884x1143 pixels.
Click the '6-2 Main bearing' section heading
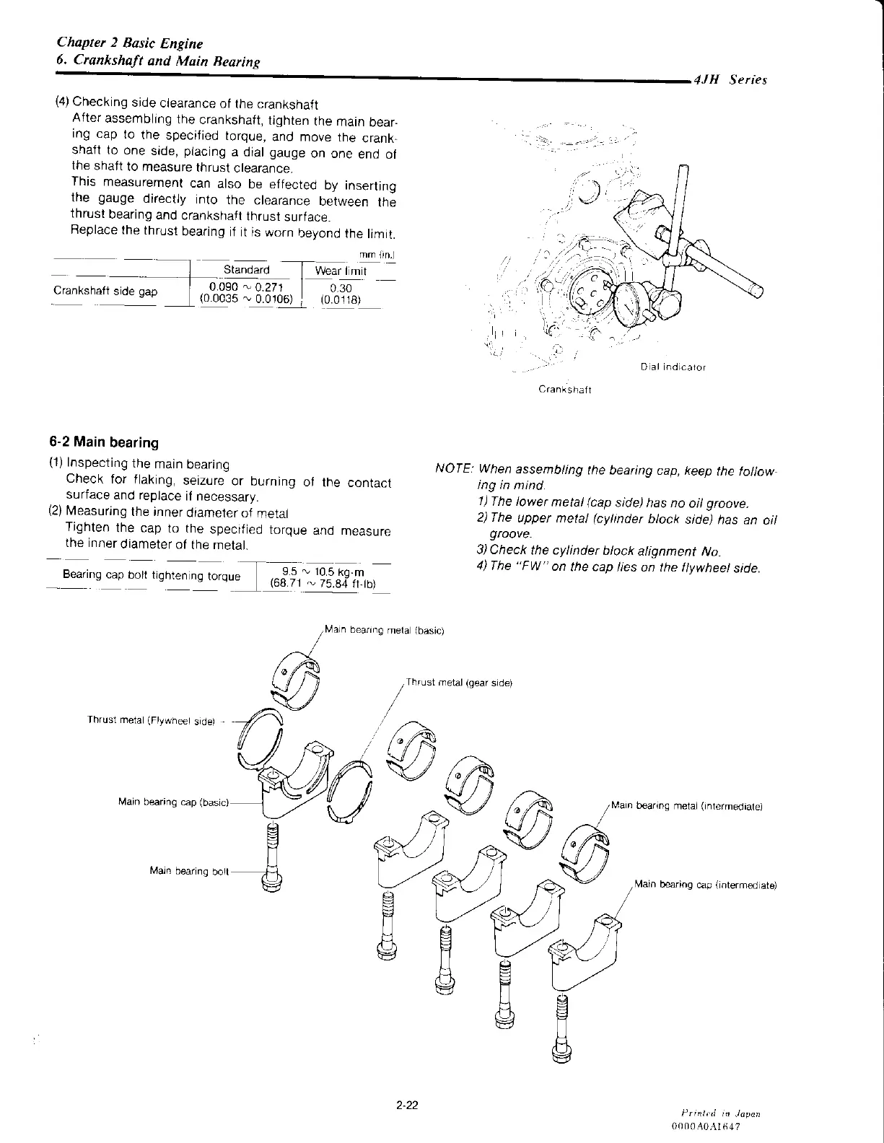click(x=104, y=442)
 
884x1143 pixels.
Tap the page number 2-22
click(x=408, y=1104)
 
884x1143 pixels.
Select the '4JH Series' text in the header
click(x=729, y=80)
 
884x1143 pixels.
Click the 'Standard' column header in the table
click(x=246, y=270)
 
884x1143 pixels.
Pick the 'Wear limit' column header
click(x=341, y=271)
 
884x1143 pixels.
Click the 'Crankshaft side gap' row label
click(x=105, y=292)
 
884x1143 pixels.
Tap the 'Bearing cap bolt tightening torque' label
click(x=152, y=576)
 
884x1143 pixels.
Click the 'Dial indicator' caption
click(x=673, y=367)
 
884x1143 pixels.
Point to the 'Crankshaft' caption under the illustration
click(x=565, y=390)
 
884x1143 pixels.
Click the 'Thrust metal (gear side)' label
click(x=459, y=682)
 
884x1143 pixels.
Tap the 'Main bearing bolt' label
click(x=189, y=871)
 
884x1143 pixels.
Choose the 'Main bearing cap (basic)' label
click(x=173, y=802)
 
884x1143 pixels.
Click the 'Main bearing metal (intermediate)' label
click(x=687, y=806)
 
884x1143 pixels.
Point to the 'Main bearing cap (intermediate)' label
click(x=705, y=885)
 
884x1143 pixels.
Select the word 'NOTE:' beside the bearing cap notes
click(x=454, y=469)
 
